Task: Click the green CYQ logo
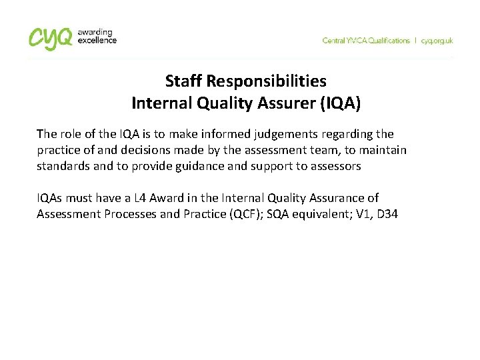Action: pos(51,38)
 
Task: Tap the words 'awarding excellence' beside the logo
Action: pos(97,36)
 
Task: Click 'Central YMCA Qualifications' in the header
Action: pos(366,41)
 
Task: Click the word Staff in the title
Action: pos(183,81)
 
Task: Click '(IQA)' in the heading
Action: pos(341,103)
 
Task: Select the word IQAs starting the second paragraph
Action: pos(50,198)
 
